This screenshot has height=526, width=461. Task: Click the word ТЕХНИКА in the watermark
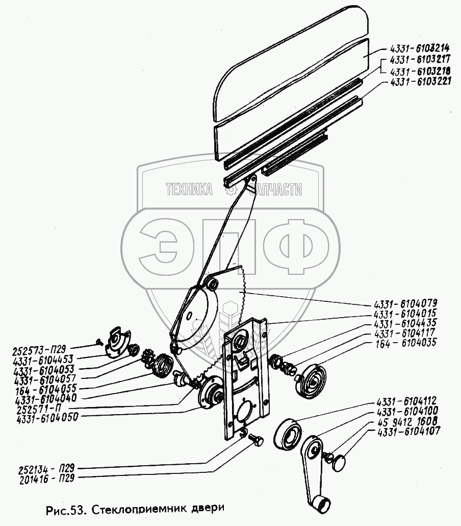click(x=189, y=190)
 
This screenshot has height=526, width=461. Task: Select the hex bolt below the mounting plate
click(x=257, y=440)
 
